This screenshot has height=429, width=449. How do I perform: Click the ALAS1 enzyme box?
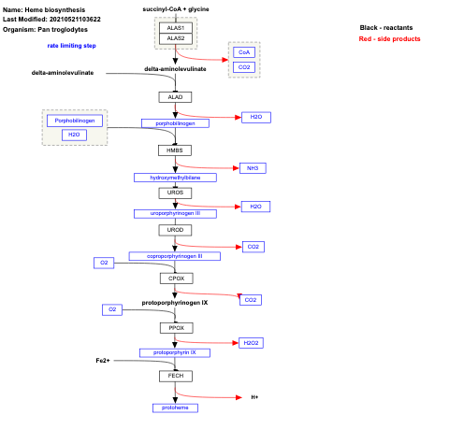[175, 28]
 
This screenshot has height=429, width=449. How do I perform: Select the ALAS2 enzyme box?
[175, 39]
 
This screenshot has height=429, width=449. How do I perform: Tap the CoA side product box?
[243, 53]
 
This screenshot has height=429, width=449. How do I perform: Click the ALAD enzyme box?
[175, 96]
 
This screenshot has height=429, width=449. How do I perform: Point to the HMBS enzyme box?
[175, 150]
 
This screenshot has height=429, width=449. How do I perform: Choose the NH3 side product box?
[253, 168]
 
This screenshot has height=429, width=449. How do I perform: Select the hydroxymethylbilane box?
[175, 177]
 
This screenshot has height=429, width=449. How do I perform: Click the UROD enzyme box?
[175, 229]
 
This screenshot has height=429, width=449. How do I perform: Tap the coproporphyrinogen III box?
[175, 255]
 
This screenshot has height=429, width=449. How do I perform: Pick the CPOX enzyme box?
[175, 278]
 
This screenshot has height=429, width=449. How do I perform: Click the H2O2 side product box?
[251, 343]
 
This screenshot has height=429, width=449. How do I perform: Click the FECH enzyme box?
[175, 375]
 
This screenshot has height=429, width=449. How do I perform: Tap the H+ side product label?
[254, 397]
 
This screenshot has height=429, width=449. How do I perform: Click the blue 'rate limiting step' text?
[72, 45]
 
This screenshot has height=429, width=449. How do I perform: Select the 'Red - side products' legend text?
[389, 39]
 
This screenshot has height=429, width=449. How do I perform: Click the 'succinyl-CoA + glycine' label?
[175, 7]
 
